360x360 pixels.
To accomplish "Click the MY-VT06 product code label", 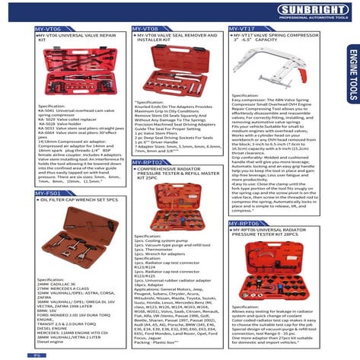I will (x=51, y=27).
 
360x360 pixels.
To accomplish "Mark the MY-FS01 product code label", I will (x=51, y=193).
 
